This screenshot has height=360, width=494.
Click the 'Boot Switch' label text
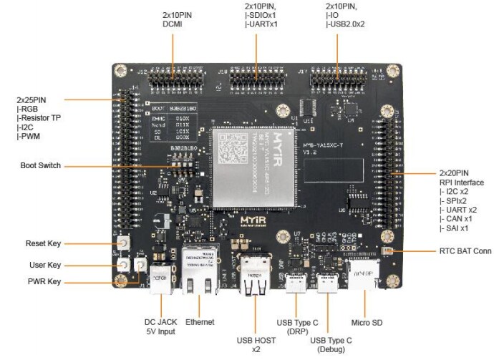pos(41,166)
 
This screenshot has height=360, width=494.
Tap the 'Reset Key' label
pos(44,243)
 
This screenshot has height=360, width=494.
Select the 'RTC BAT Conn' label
pos(465,251)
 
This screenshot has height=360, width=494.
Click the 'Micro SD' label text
pos(367,323)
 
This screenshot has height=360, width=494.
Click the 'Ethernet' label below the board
pos(199,322)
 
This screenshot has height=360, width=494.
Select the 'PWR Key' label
pos(44,281)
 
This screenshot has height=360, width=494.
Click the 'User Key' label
pos(44,265)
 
